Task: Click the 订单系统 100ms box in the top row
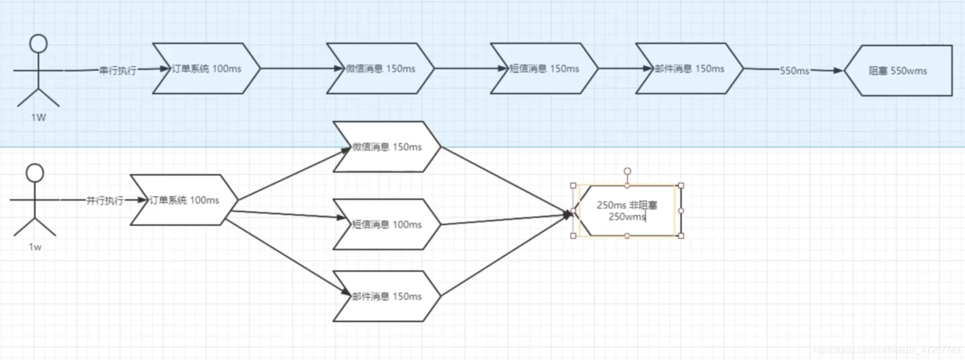[206, 68]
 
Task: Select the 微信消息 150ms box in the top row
[380, 68]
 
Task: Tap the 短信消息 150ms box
[544, 68]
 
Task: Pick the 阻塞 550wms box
[898, 71]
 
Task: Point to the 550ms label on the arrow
[794, 71]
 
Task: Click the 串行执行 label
[118, 71]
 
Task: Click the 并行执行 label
[105, 200]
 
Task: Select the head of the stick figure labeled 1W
[38, 44]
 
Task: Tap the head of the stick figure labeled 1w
[35, 173]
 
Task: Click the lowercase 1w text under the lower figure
[35, 247]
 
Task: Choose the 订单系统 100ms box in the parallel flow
[184, 200]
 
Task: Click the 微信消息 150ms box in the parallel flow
[387, 147]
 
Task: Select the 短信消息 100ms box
[387, 224]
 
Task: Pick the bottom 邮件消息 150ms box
[387, 296]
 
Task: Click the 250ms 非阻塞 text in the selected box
[626, 205]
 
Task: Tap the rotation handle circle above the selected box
[627, 171]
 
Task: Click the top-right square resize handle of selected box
[681, 185]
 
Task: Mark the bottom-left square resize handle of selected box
[573, 236]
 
